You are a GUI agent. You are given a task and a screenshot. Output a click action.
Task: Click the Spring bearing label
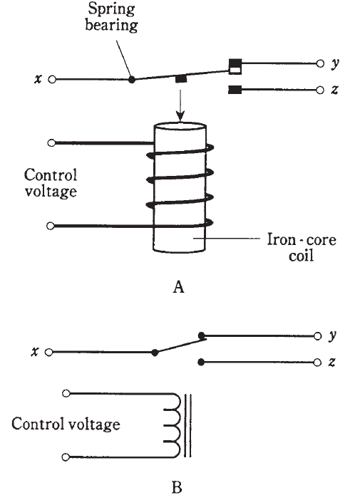111,16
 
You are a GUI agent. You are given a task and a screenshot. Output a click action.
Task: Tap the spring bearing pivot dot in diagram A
131,79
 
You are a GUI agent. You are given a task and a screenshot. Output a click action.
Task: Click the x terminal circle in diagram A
52,79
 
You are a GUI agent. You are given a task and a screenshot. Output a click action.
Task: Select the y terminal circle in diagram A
320,63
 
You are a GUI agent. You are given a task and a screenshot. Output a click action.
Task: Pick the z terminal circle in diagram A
320,90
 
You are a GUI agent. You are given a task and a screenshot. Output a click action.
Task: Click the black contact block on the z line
235,90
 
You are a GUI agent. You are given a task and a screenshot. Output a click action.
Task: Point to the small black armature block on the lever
181,79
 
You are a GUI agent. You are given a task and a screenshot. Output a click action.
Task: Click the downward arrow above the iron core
180,106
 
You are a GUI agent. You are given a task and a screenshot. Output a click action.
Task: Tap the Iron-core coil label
302,247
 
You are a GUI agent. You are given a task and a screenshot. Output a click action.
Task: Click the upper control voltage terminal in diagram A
51,143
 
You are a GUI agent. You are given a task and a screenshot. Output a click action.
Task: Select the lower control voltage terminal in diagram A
50,226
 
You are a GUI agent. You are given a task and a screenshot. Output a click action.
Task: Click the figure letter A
179,286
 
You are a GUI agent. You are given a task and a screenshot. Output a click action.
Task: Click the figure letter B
177,488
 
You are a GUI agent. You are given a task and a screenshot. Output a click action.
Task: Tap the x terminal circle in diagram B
48,353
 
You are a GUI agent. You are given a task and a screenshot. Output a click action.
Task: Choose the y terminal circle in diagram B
317,336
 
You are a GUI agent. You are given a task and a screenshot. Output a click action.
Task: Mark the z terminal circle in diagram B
317,363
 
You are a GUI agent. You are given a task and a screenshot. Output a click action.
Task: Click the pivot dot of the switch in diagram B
155,353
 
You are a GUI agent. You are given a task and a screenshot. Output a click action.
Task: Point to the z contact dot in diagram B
201,363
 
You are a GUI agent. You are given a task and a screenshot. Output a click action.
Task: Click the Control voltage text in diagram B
66,424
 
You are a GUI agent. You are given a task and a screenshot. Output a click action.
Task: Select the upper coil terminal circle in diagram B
66,393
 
